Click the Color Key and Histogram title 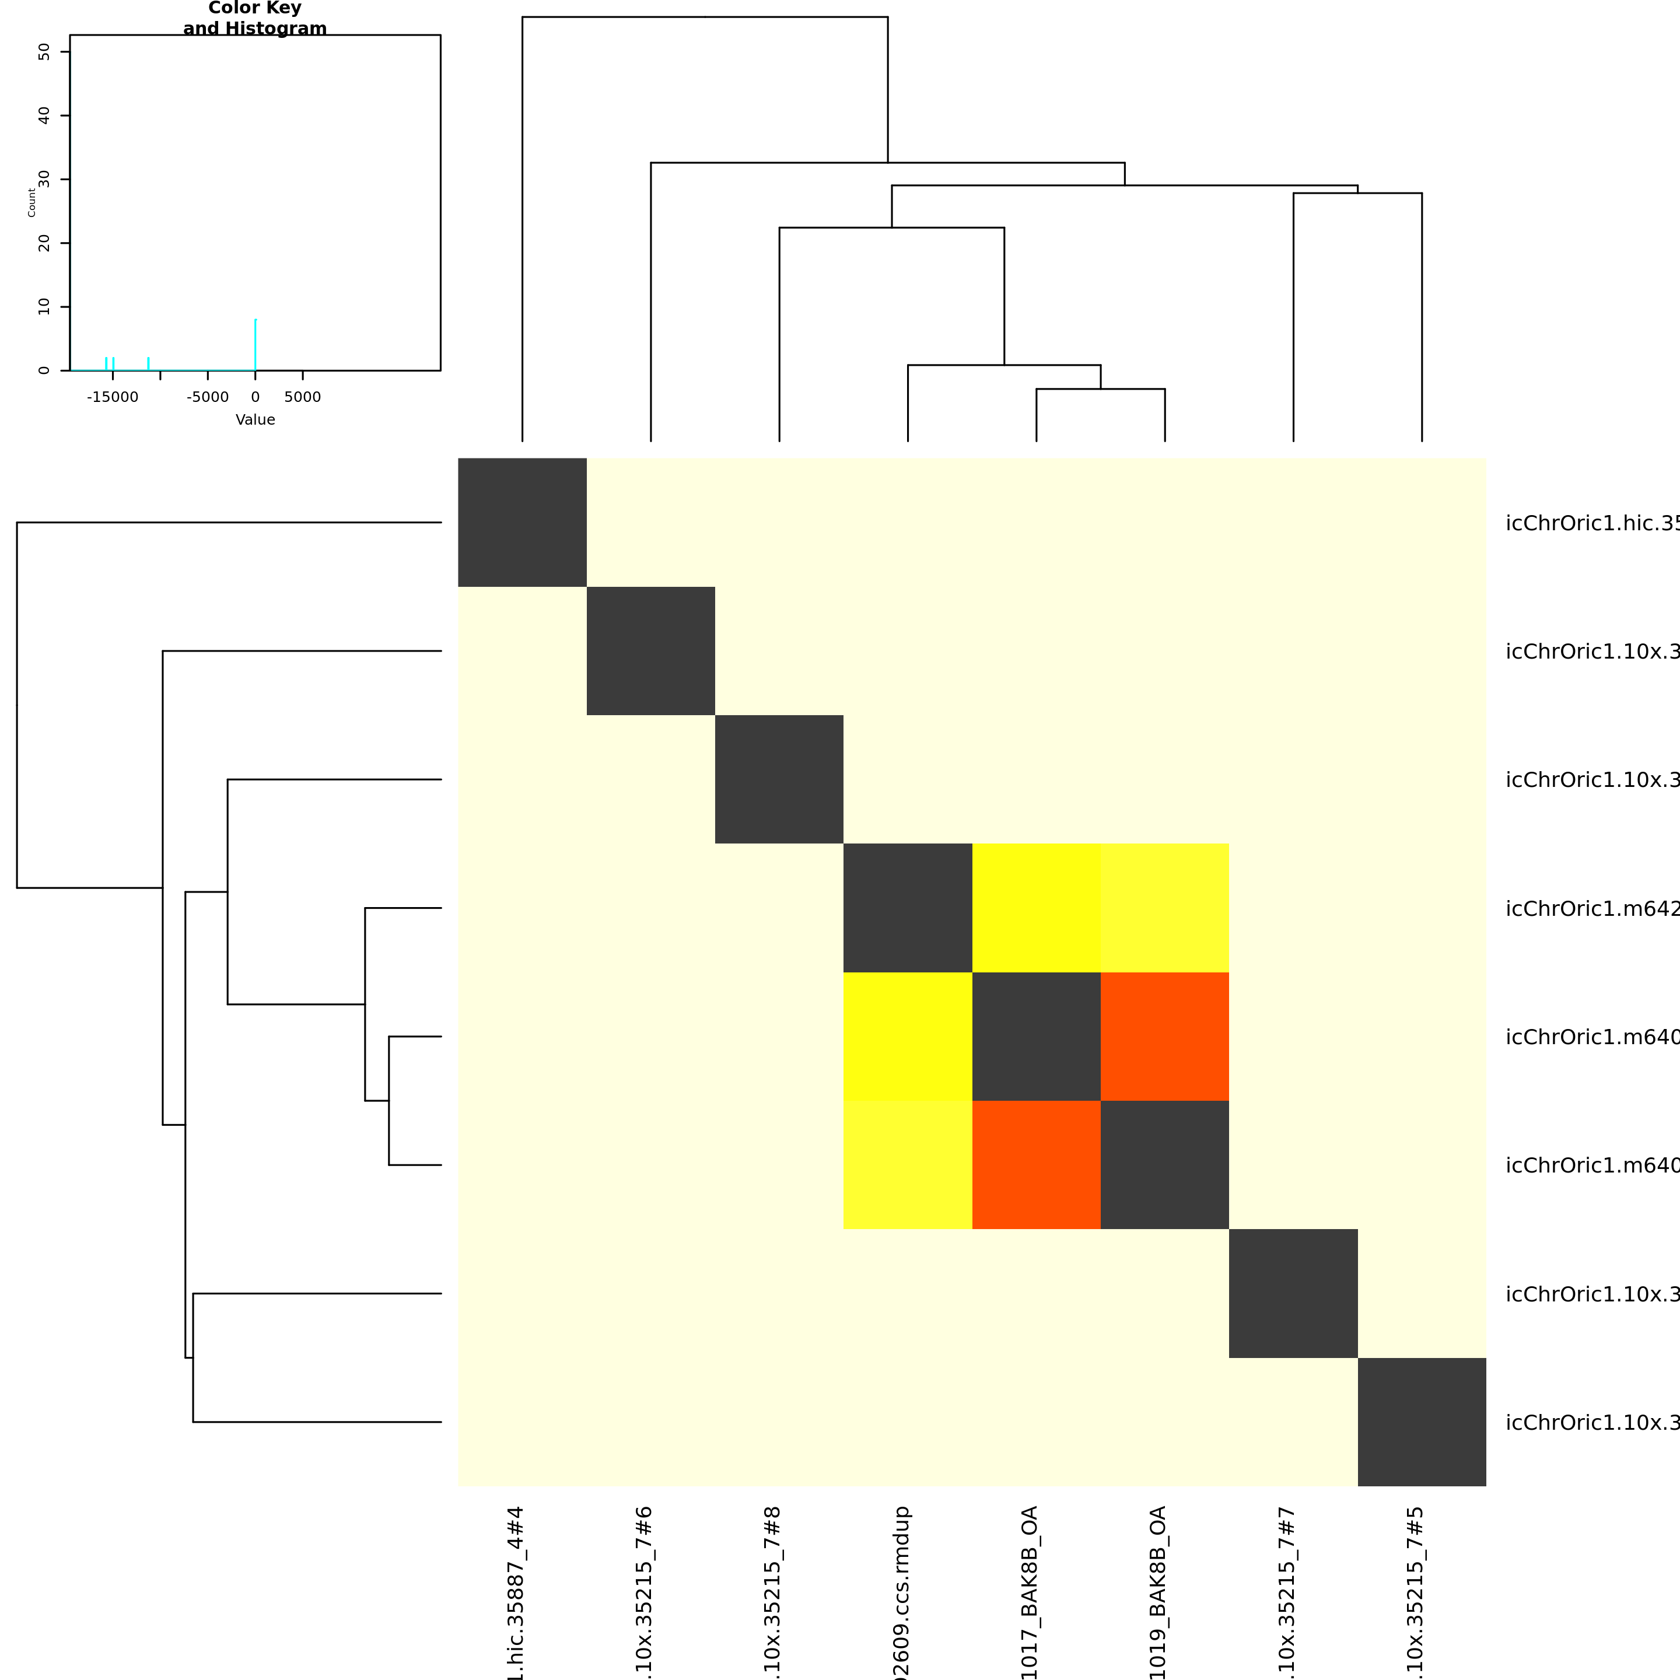255,18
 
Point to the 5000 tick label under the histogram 303,397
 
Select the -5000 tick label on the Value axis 207,397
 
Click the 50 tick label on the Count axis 44,52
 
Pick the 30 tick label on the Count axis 44,179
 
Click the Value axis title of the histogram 255,420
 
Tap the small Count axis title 32,202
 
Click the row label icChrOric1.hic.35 1591,523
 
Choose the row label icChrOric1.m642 1591,909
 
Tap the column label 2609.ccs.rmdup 902,1591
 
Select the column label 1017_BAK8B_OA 1030,1591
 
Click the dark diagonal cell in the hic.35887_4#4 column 521,523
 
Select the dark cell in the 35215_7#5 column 1422,1422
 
